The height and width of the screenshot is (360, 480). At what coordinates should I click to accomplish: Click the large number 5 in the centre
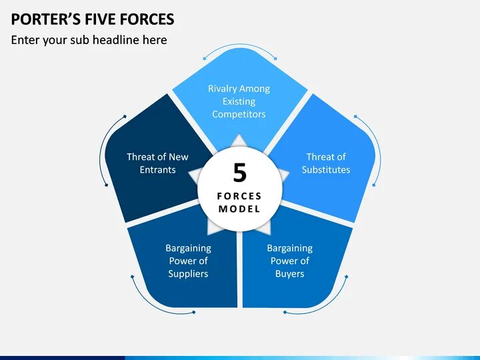point(239,173)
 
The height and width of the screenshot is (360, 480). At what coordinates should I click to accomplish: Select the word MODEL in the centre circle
point(239,209)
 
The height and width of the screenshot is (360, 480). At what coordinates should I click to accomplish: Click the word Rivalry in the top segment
point(223,89)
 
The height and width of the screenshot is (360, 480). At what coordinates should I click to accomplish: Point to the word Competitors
point(239,114)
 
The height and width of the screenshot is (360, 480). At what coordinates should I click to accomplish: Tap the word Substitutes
point(325,169)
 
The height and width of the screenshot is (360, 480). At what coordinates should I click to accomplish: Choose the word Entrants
point(157,169)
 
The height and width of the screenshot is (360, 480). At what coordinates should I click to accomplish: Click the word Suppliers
point(188,273)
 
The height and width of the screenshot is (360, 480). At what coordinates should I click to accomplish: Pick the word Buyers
point(289,273)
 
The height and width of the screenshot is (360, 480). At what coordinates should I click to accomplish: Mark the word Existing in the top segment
point(239,101)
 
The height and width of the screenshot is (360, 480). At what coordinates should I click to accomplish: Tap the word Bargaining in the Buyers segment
point(289,248)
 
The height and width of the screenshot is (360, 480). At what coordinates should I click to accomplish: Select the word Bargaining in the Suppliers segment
point(188,248)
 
